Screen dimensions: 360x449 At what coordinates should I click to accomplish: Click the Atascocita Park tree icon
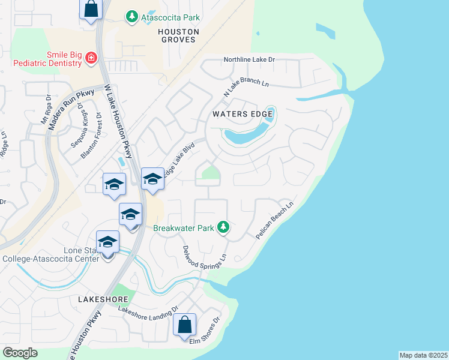[x=132, y=17]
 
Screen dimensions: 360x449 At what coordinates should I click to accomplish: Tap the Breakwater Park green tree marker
[x=223, y=227]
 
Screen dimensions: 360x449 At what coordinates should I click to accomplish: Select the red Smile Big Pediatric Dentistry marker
[x=91, y=58]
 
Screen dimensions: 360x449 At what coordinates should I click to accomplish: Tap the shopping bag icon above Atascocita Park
[x=91, y=9]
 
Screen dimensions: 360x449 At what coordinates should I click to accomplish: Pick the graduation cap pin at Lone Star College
[x=107, y=242]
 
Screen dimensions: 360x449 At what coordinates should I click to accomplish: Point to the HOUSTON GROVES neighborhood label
[x=177, y=34]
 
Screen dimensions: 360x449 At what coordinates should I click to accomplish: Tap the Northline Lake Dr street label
[x=249, y=60]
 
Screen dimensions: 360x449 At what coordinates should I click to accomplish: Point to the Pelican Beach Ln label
[x=274, y=221]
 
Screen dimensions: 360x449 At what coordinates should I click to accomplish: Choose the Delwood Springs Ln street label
[x=204, y=256]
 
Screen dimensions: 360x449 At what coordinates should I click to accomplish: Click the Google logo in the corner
[x=20, y=353]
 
